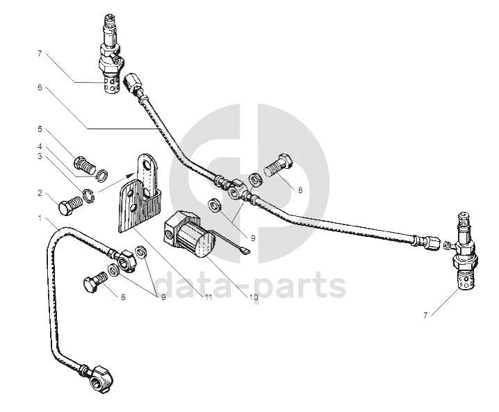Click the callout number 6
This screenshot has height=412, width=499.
(40, 88)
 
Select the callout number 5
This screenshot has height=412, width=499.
(40, 130)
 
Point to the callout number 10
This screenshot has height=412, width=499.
(254, 297)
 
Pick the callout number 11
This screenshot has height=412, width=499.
(206, 297)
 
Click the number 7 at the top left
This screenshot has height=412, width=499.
(40, 53)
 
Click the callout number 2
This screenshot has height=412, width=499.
(40, 194)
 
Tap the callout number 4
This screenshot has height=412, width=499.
(40, 147)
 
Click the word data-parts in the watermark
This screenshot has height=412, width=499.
(250, 284)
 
